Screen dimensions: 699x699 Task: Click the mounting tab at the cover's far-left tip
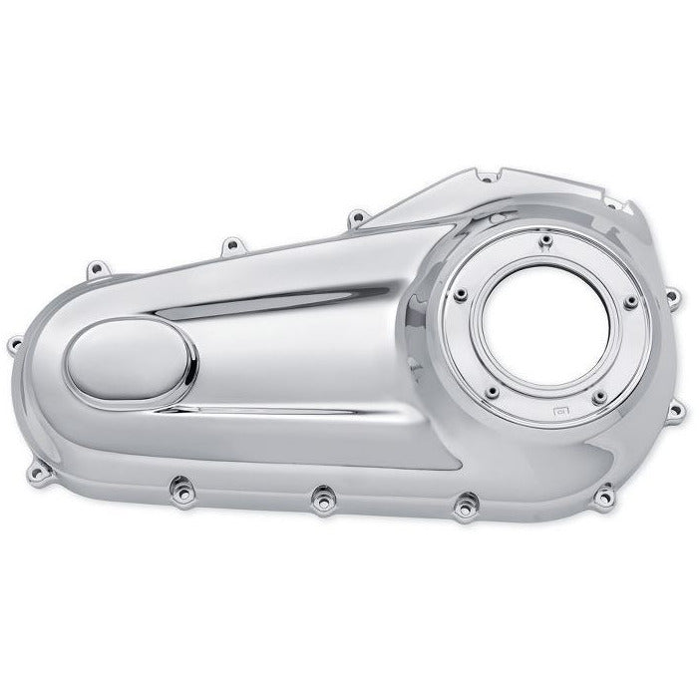14,345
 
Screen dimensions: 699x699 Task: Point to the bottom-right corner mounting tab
605,490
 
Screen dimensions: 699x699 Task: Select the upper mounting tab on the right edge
672,294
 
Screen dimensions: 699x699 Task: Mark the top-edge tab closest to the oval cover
98,267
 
